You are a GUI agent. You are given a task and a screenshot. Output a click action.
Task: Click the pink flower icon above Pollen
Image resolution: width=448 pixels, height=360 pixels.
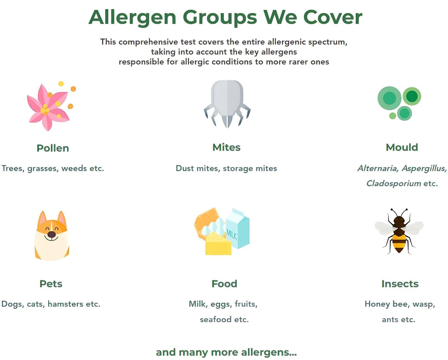48,107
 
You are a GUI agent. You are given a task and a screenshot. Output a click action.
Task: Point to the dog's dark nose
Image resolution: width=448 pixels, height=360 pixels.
52,235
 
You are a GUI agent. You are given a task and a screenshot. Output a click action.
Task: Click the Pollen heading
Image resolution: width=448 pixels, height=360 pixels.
53,148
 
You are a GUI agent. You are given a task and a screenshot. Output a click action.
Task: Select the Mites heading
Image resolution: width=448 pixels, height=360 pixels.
227,148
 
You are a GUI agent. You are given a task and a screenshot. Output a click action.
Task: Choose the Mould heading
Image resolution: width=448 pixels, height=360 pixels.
402,148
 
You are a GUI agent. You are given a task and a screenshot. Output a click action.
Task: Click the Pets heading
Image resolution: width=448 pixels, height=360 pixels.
51,284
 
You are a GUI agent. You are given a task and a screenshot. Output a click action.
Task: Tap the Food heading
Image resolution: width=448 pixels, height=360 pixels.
224,284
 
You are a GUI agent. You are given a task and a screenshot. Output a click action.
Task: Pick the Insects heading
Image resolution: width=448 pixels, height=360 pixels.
400,284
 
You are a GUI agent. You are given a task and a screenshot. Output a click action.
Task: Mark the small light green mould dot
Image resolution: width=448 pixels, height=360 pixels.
392,116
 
